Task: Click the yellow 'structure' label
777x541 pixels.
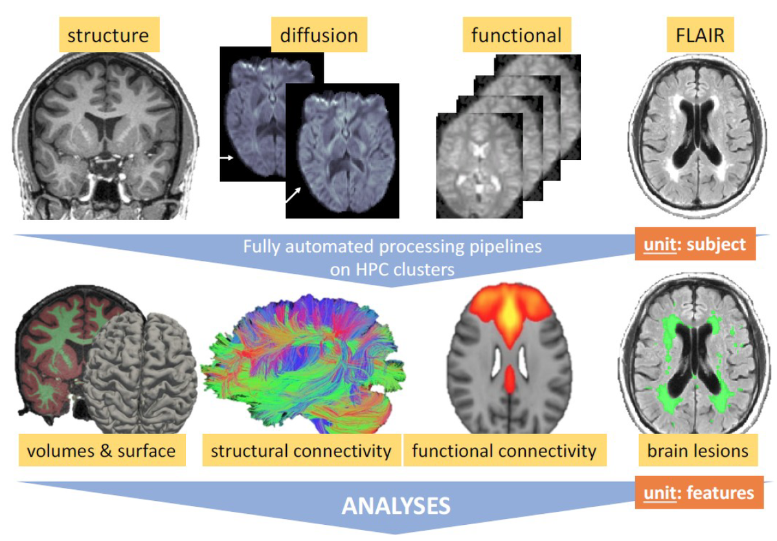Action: click(x=107, y=34)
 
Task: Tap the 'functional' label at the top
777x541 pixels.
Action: click(x=516, y=34)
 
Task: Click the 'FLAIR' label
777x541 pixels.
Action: click(x=701, y=34)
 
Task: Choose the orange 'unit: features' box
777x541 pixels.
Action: click(x=699, y=493)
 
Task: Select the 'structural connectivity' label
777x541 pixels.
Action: click(x=300, y=450)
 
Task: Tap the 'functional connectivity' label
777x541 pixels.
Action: click(x=504, y=450)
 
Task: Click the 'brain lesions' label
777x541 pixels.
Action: click(x=697, y=450)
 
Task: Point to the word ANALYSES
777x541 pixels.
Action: click(x=396, y=506)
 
